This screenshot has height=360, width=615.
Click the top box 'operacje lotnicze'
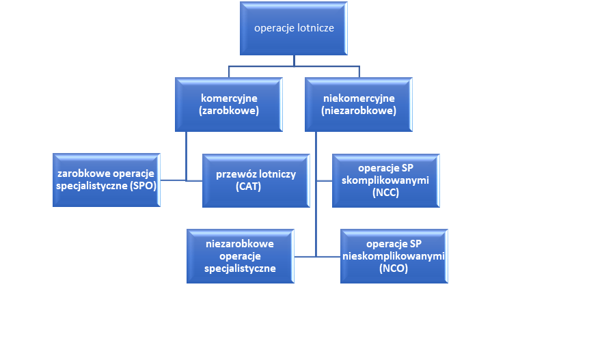tap(294, 28)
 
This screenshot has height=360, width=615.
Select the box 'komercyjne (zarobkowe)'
tap(228, 104)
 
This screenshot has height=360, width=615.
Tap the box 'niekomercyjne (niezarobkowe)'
tap(358, 104)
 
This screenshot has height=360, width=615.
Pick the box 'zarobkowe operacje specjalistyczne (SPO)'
tap(107, 180)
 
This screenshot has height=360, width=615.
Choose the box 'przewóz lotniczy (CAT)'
tap(256, 180)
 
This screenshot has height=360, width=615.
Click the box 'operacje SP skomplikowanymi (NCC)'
tap(385, 180)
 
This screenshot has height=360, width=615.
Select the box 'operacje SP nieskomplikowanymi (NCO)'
tap(393, 256)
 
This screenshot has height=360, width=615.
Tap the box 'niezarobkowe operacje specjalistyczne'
tap(240, 255)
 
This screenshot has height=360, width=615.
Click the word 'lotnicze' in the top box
tap(314, 28)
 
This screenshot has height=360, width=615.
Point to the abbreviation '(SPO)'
tap(141, 186)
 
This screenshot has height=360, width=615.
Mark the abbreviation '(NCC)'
tap(385, 193)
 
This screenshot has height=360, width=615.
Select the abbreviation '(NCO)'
tap(393, 269)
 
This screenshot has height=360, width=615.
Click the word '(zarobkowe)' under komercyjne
tap(228, 111)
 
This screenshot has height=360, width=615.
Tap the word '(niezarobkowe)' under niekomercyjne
tap(358, 111)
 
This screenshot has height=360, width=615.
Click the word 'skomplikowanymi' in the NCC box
tap(385, 180)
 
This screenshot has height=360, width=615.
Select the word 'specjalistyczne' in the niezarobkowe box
tap(240, 268)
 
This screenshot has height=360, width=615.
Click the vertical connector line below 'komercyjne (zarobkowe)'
tap(187, 154)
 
